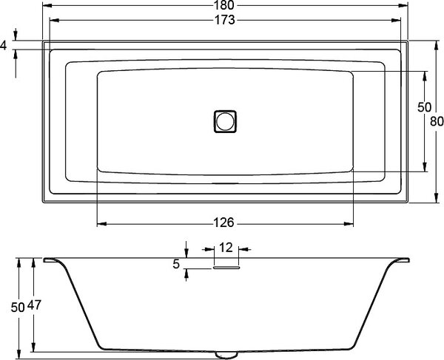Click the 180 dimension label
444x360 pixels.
coord(224,5)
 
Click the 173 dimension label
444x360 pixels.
coord(224,20)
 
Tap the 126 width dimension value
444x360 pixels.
coord(223,223)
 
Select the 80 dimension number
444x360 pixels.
coord(437,122)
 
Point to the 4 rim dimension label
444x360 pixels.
coord(3,45)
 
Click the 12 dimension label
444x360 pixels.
coord(226,248)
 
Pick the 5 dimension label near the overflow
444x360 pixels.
coord(176,264)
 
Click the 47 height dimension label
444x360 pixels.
coord(34,305)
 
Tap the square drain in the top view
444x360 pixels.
coord(225,121)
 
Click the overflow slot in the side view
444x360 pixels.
coord(226,268)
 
